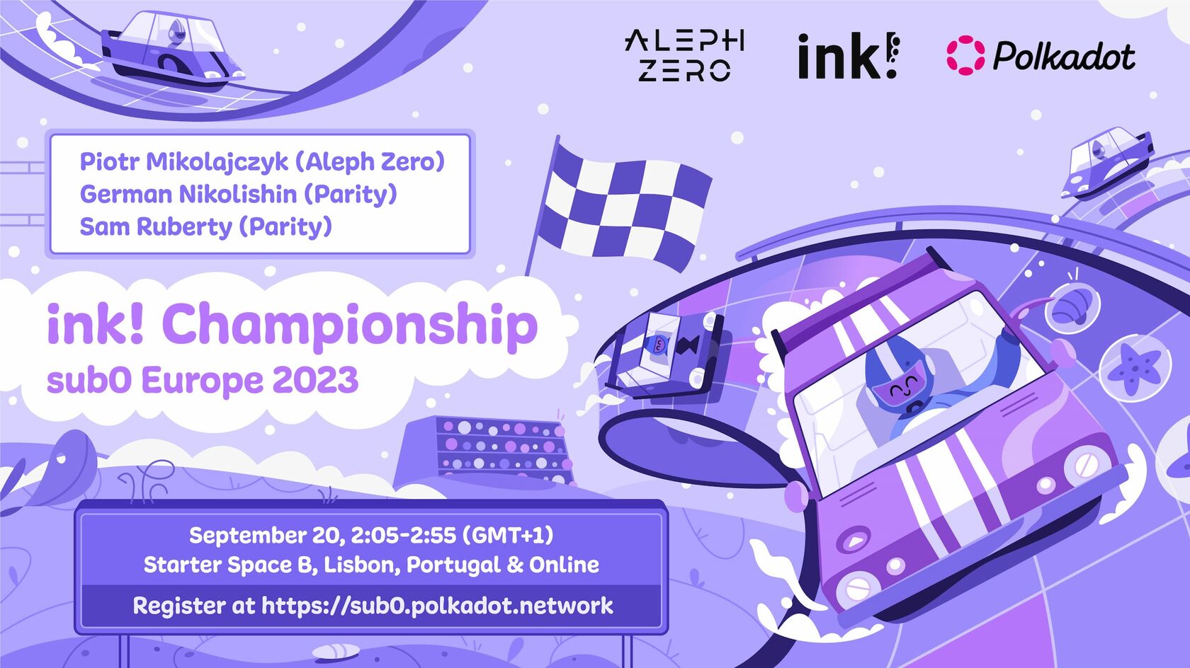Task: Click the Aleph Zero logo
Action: pyautogui.click(x=684, y=56)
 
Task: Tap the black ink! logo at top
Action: pyautogui.click(x=848, y=56)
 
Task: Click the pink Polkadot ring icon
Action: pyautogui.click(x=965, y=56)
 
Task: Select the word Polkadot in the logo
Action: pyautogui.click(x=1064, y=56)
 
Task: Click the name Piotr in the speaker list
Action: pyautogui.click(x=110, y=161)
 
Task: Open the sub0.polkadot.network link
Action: pyautogui.click(x=437, y=606)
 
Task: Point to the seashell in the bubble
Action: pyautogui.click(x=1072, y=309)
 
